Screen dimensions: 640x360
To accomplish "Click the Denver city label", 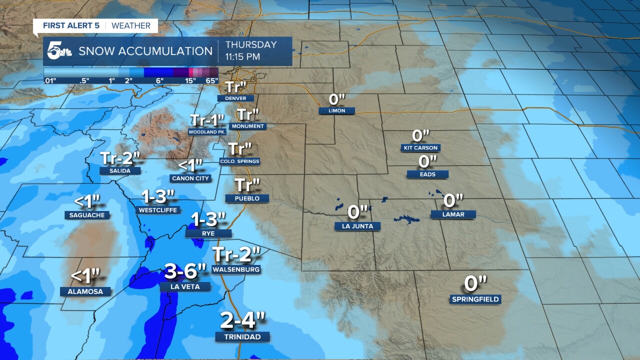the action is click(x=235, y=98).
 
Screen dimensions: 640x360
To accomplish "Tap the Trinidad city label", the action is click(x=242, y=336).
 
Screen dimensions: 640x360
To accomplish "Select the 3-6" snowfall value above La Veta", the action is click(x=185, y=272).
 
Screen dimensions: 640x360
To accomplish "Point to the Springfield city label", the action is click(x=475, y=299).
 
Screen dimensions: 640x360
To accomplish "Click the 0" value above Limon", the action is click(x=337, y=98).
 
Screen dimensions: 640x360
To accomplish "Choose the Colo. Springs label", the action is click(x=239, y=161).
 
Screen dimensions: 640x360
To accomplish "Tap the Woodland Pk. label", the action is click(x=207, y=131).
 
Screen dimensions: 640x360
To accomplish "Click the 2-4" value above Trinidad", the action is click(x=242, y=319).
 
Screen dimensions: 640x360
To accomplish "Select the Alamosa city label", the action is click(x=85, y=291).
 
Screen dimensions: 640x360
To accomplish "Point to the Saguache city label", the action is click(x=87, y=215).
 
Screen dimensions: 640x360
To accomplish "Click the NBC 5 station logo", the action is click(x=59, y=51).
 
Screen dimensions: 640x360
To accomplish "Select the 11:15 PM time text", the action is click(x=242, y=57).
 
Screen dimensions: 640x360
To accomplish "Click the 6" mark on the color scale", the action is click(x=159, y=80).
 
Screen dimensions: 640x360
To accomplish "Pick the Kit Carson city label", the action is click(x=420, y=147).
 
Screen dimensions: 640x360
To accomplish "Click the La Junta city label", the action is click(x=357, y=226).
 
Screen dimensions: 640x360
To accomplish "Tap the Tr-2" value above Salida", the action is click(x=120, y=158).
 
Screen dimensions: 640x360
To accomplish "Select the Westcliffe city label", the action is click(x=158, y=210).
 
